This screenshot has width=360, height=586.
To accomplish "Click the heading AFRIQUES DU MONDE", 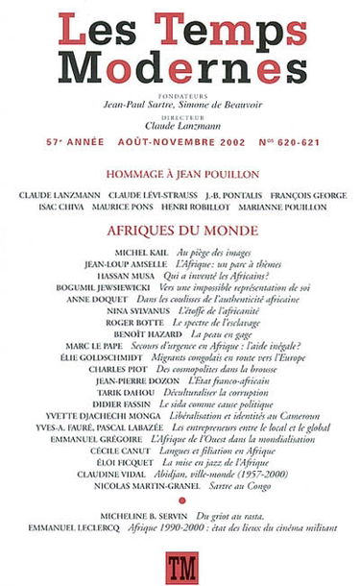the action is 180,232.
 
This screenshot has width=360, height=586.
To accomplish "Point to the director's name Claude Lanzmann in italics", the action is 180,125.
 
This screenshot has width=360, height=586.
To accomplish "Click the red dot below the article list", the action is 180,502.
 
